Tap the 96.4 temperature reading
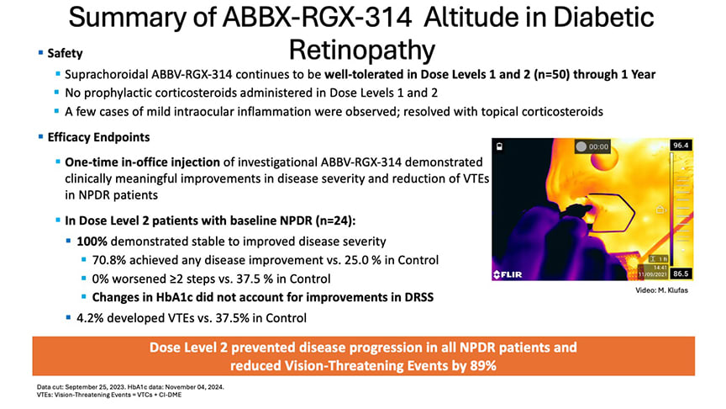tap(681, 146)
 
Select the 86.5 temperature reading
tap(681, 274)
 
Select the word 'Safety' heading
tap(59, 52)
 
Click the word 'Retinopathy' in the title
tap(362, 48)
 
